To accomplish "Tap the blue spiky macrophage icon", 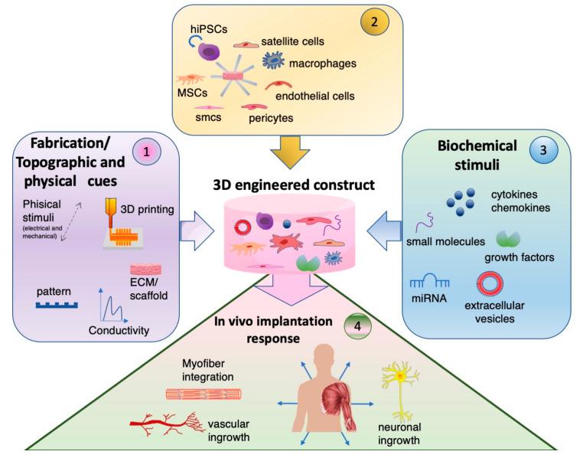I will coord(274,60).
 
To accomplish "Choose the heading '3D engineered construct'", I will coord(294,185).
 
